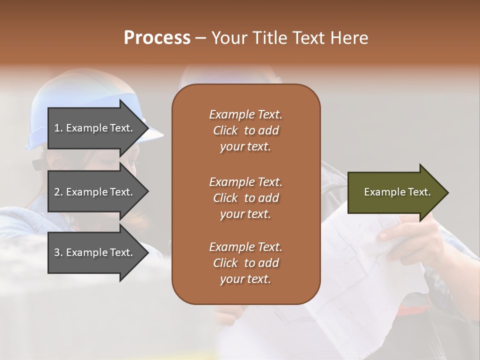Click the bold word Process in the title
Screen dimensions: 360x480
pos(157,38)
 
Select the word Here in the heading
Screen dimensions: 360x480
pos(349,38)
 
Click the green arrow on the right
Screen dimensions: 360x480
pos(395,192)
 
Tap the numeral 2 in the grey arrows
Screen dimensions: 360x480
pos(57,192)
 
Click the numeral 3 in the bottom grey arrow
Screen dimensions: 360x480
pos(57,252)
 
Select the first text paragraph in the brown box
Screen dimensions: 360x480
pos(245,130)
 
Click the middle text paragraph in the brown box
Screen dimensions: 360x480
pos(245,198)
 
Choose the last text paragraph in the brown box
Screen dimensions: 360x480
pos(245,263)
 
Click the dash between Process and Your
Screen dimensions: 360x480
pos(201,38)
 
